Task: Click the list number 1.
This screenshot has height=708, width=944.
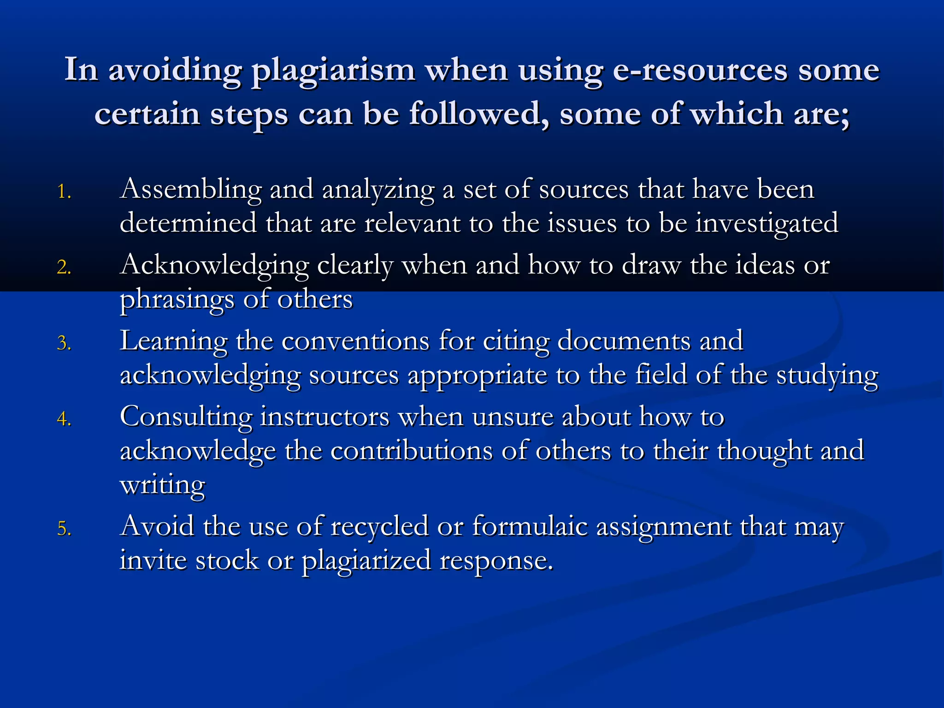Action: (x=64, y=192)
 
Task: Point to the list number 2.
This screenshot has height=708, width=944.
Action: (x=64, y=267)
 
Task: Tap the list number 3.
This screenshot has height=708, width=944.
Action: (x=64, y=343)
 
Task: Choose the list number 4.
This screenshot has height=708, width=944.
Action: (x=64, y=419)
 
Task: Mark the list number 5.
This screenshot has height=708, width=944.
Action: (x=64, y=529)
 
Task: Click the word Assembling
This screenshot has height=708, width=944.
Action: (x=190, y=189)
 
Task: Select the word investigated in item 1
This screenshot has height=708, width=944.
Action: (x=767, y=224)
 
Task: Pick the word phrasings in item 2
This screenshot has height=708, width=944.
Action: (x=177, y=300)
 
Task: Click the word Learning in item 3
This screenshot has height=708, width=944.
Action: (x=173, y=341)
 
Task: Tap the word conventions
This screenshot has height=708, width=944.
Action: (x=355, y=341)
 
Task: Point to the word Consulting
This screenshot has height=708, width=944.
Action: (x=186, y=417)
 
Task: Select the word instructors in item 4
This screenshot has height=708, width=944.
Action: (x=325, y=417)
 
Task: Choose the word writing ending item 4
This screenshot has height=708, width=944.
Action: (x=162, y=485)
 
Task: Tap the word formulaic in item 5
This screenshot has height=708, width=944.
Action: (x=530, y=526)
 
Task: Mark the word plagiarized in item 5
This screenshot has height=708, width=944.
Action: (x=366, y=560)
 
